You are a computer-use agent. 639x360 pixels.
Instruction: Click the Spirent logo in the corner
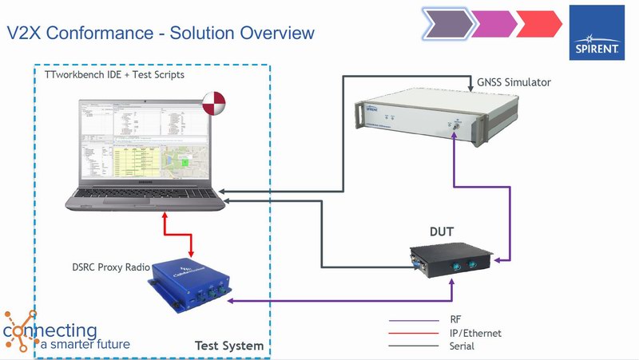[x=597, y=33]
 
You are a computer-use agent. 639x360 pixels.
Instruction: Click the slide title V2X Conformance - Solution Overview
[x=161, y=33]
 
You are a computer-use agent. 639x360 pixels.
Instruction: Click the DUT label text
[x=441, y=231]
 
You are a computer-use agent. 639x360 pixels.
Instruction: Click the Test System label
[x=228, y=346]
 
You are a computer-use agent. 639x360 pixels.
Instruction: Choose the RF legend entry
[x=456, y=319]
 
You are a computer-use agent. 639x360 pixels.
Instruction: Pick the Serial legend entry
[x=462, y=346]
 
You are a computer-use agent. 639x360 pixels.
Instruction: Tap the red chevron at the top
[x=538, y=23]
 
